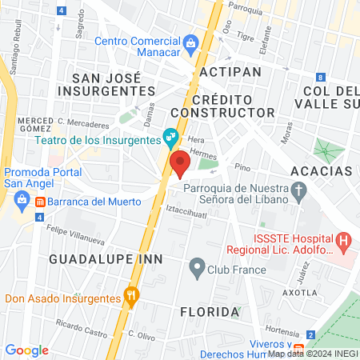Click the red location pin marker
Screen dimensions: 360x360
coord(180,162)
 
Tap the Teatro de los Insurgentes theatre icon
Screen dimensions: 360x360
coord(170,138)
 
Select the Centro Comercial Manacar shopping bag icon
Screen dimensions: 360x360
coord(190,42)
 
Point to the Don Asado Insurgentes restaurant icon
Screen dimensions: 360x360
coord(133,298)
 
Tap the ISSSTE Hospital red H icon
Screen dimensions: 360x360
coord(344,238)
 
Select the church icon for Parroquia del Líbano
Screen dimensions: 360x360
coord(298,190)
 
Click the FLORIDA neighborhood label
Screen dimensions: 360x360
coord(209,310)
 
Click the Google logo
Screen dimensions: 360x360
coord(26,350)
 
